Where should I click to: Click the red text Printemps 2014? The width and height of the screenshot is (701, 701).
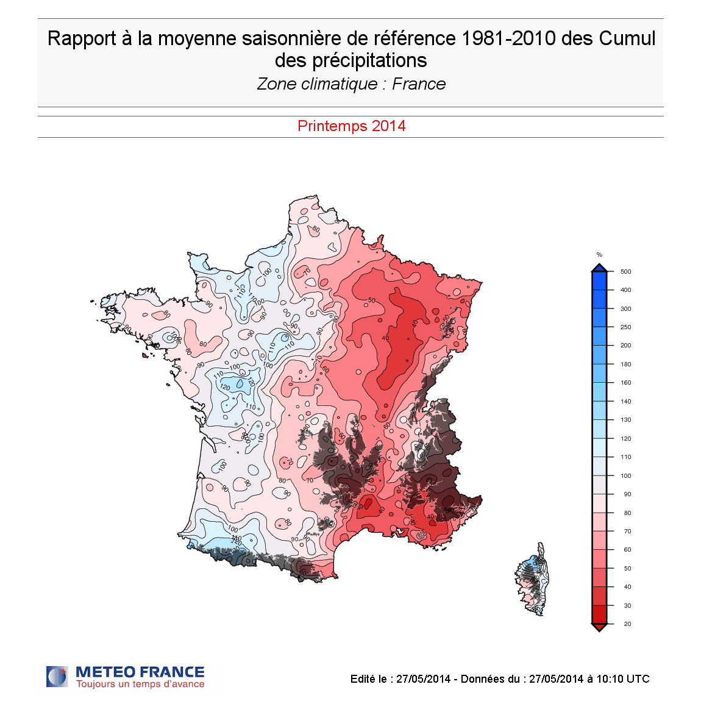[x=351, y=126]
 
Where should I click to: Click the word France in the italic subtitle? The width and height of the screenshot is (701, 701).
[x=419, y=84]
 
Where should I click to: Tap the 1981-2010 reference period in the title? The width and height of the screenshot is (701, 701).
[x=508, y=38]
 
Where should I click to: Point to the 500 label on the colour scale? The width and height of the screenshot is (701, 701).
[x=625, y=272]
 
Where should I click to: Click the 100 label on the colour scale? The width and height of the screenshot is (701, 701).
[x=625, y=475]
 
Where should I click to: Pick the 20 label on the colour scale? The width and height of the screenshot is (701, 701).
[x=627, y=624]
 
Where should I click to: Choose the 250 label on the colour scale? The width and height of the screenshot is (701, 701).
[x=625, y=327]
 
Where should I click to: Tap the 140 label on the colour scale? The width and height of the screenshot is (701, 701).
[x=625, y=401]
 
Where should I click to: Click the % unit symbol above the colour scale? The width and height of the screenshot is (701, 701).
[x=599, y=255]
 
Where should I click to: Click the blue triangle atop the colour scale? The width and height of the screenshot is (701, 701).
[x=599, y=268]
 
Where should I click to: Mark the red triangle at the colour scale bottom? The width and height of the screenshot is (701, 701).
[x=599, y=627]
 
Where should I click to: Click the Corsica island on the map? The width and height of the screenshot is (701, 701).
[x=535, y=579]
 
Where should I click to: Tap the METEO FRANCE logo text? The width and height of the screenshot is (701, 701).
[x=140, y=672]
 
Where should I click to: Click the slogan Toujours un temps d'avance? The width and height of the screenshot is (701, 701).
[x=140, y=685]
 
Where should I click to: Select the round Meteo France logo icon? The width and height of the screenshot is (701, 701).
[x=57, y=677]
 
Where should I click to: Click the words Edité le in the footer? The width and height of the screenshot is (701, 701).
[x=369, y=679]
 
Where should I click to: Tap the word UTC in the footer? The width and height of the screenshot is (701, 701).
[x=638, y=679]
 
